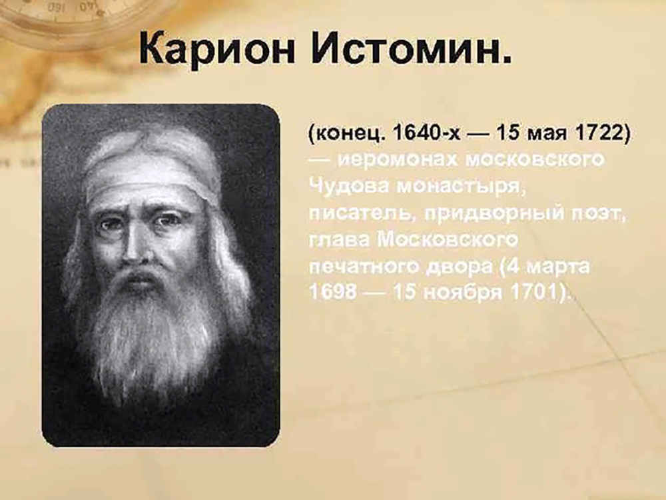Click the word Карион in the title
(217, 49)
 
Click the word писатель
(363, 213)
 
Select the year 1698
(332, 292)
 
